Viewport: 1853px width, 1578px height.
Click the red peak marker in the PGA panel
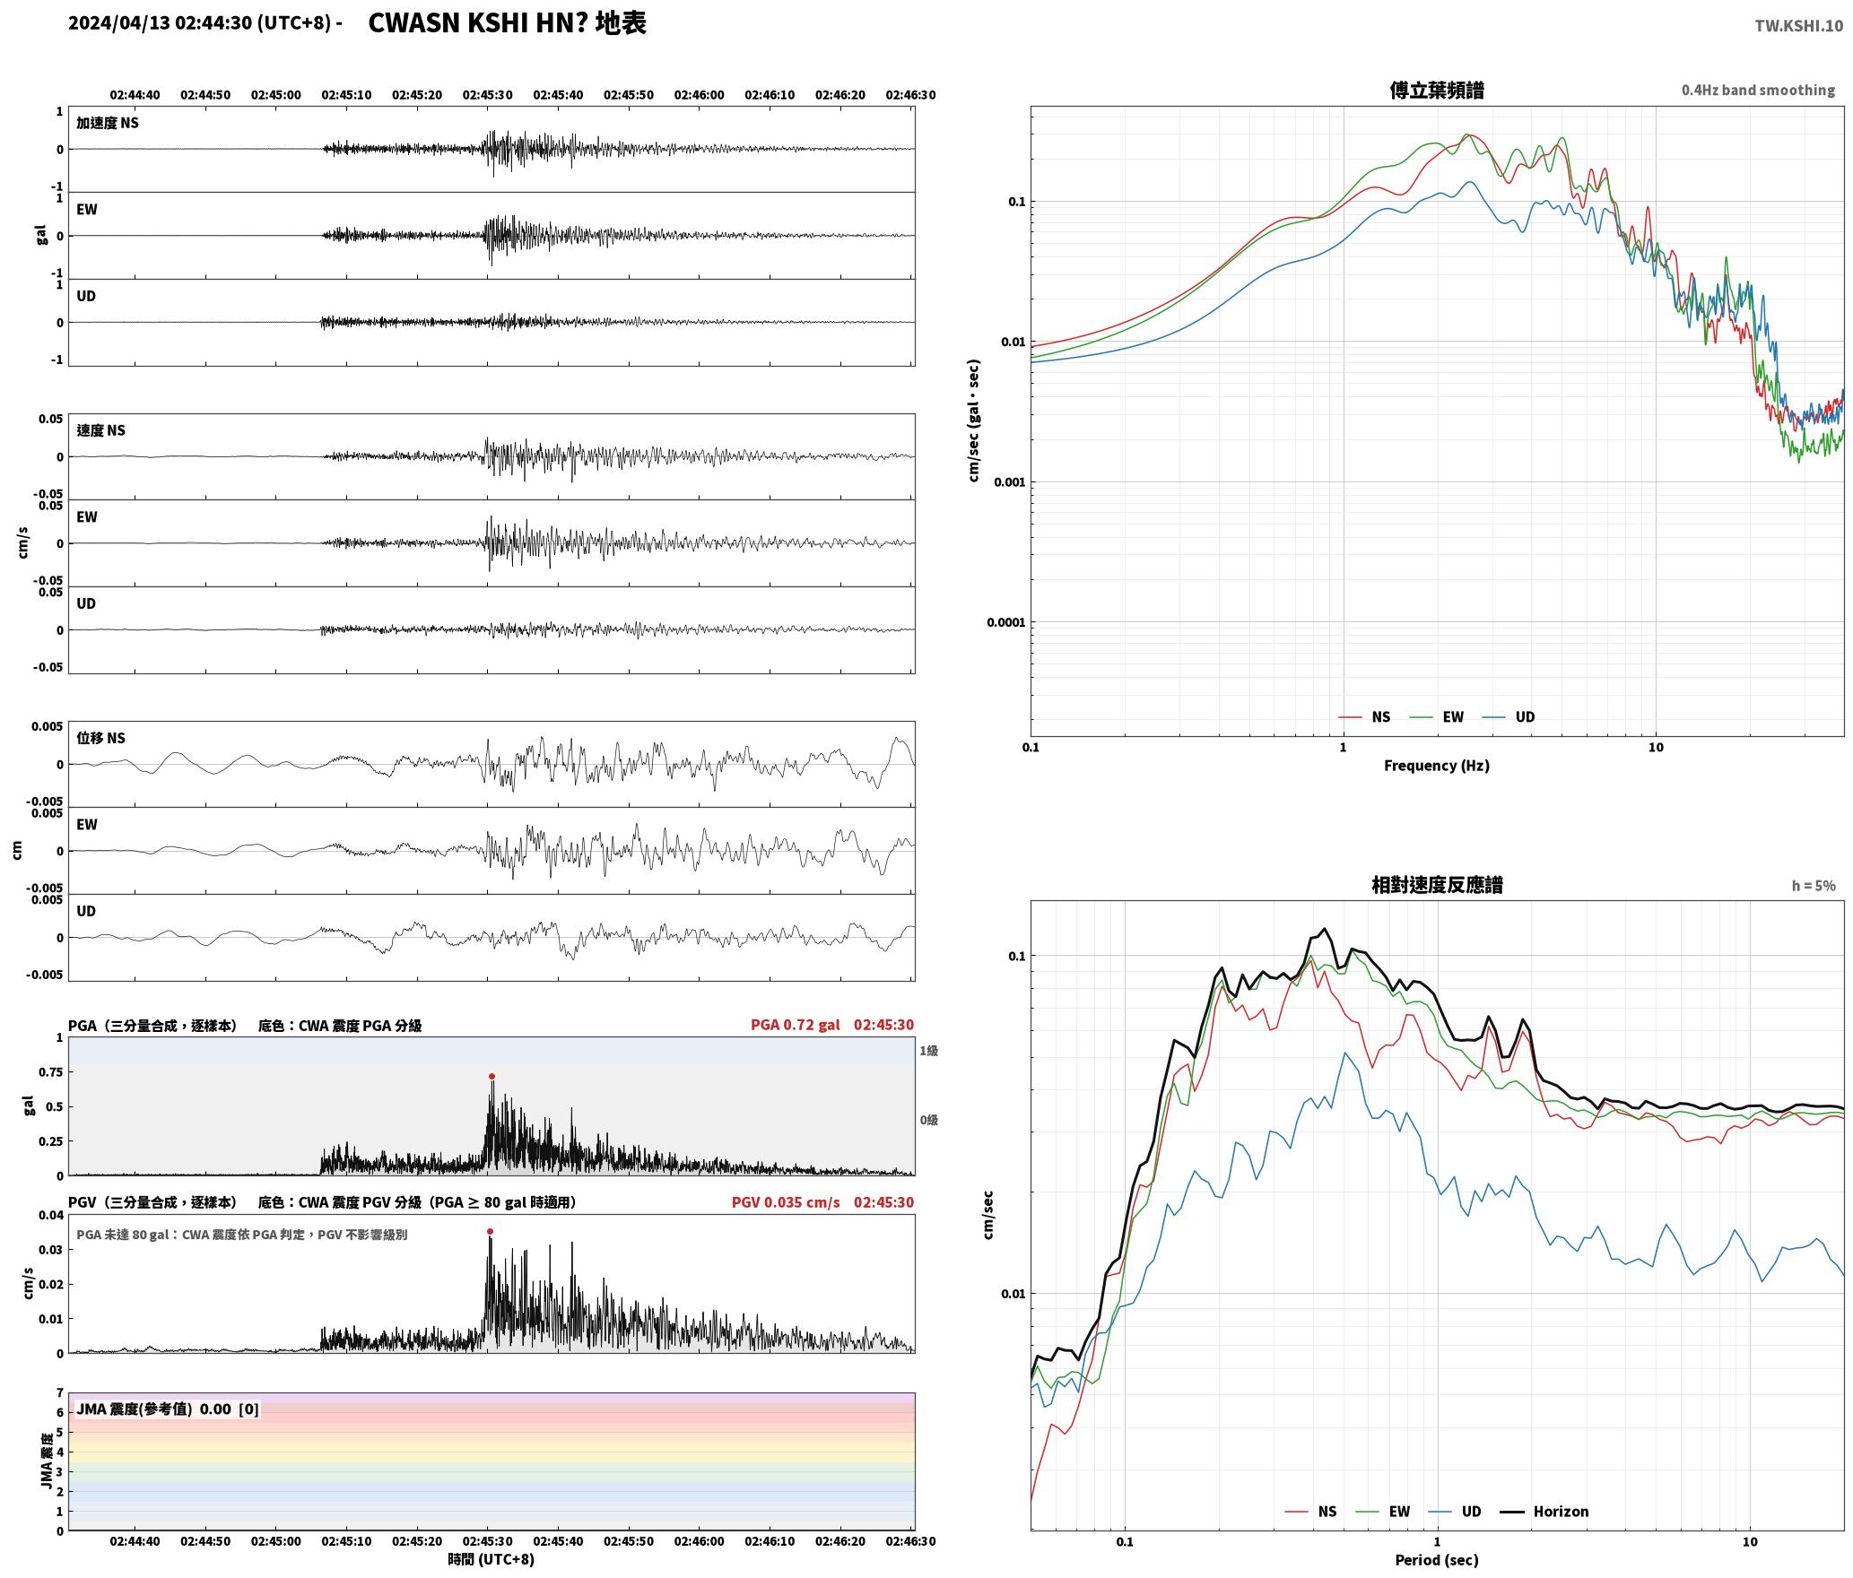[x=492, y=1076]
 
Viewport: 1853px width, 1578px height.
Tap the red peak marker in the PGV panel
[x=490, y=1231]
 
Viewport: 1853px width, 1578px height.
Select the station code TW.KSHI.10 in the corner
[x=1799, y=26]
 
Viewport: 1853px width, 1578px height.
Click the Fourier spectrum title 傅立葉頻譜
[x=1437, y=90]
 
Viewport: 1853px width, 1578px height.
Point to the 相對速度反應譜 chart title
[x=1437, y=884]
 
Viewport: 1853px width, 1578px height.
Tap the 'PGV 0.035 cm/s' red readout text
[x=786, y=1201]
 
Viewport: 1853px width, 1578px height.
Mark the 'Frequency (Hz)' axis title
[x=1437, y=765]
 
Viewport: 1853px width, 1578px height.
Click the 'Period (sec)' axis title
[x=1437, y=1559]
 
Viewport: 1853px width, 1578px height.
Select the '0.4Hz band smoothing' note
[x=1758, y=90]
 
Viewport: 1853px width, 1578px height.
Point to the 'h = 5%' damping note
[x=1814, y=885]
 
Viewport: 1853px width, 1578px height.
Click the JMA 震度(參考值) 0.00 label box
[x=168, y=1409]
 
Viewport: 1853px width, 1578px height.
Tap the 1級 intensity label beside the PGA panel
[x=928, y=1050]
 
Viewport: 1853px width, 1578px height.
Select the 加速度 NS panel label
[x=108, y=123]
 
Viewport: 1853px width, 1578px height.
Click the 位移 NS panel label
[x=100, y=738]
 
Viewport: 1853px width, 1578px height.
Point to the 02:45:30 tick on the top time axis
[x=487, y=95]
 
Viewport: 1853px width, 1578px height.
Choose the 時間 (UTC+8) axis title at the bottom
[x=491, y=1559]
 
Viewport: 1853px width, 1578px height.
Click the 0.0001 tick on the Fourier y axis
[x=1005, y=622]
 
